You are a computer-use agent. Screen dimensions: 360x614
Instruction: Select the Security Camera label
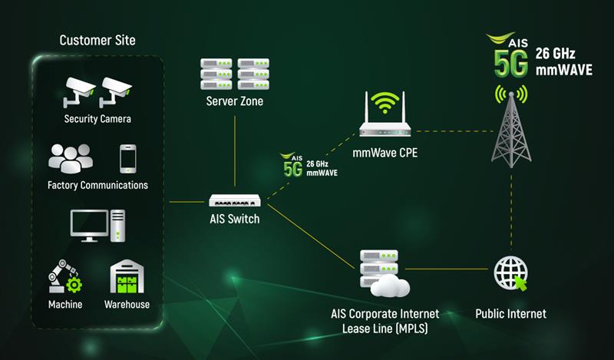(x=97, y=119)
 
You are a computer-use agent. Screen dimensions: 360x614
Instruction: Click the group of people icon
(x=71, y=159)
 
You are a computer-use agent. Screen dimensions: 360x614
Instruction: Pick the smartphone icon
(x=128, y=159)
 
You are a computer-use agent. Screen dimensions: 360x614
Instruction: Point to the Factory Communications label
(x=97, y=185)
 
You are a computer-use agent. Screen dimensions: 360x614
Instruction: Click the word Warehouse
(x=127, y=305)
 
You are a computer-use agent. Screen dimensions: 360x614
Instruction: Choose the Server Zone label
(x=235, y=101)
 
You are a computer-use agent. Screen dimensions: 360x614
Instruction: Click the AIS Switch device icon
(x=235, y=200)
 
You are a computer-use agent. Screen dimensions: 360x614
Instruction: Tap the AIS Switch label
(x=235, y=219)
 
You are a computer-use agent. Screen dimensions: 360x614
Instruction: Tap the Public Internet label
(x=511, y=313)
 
